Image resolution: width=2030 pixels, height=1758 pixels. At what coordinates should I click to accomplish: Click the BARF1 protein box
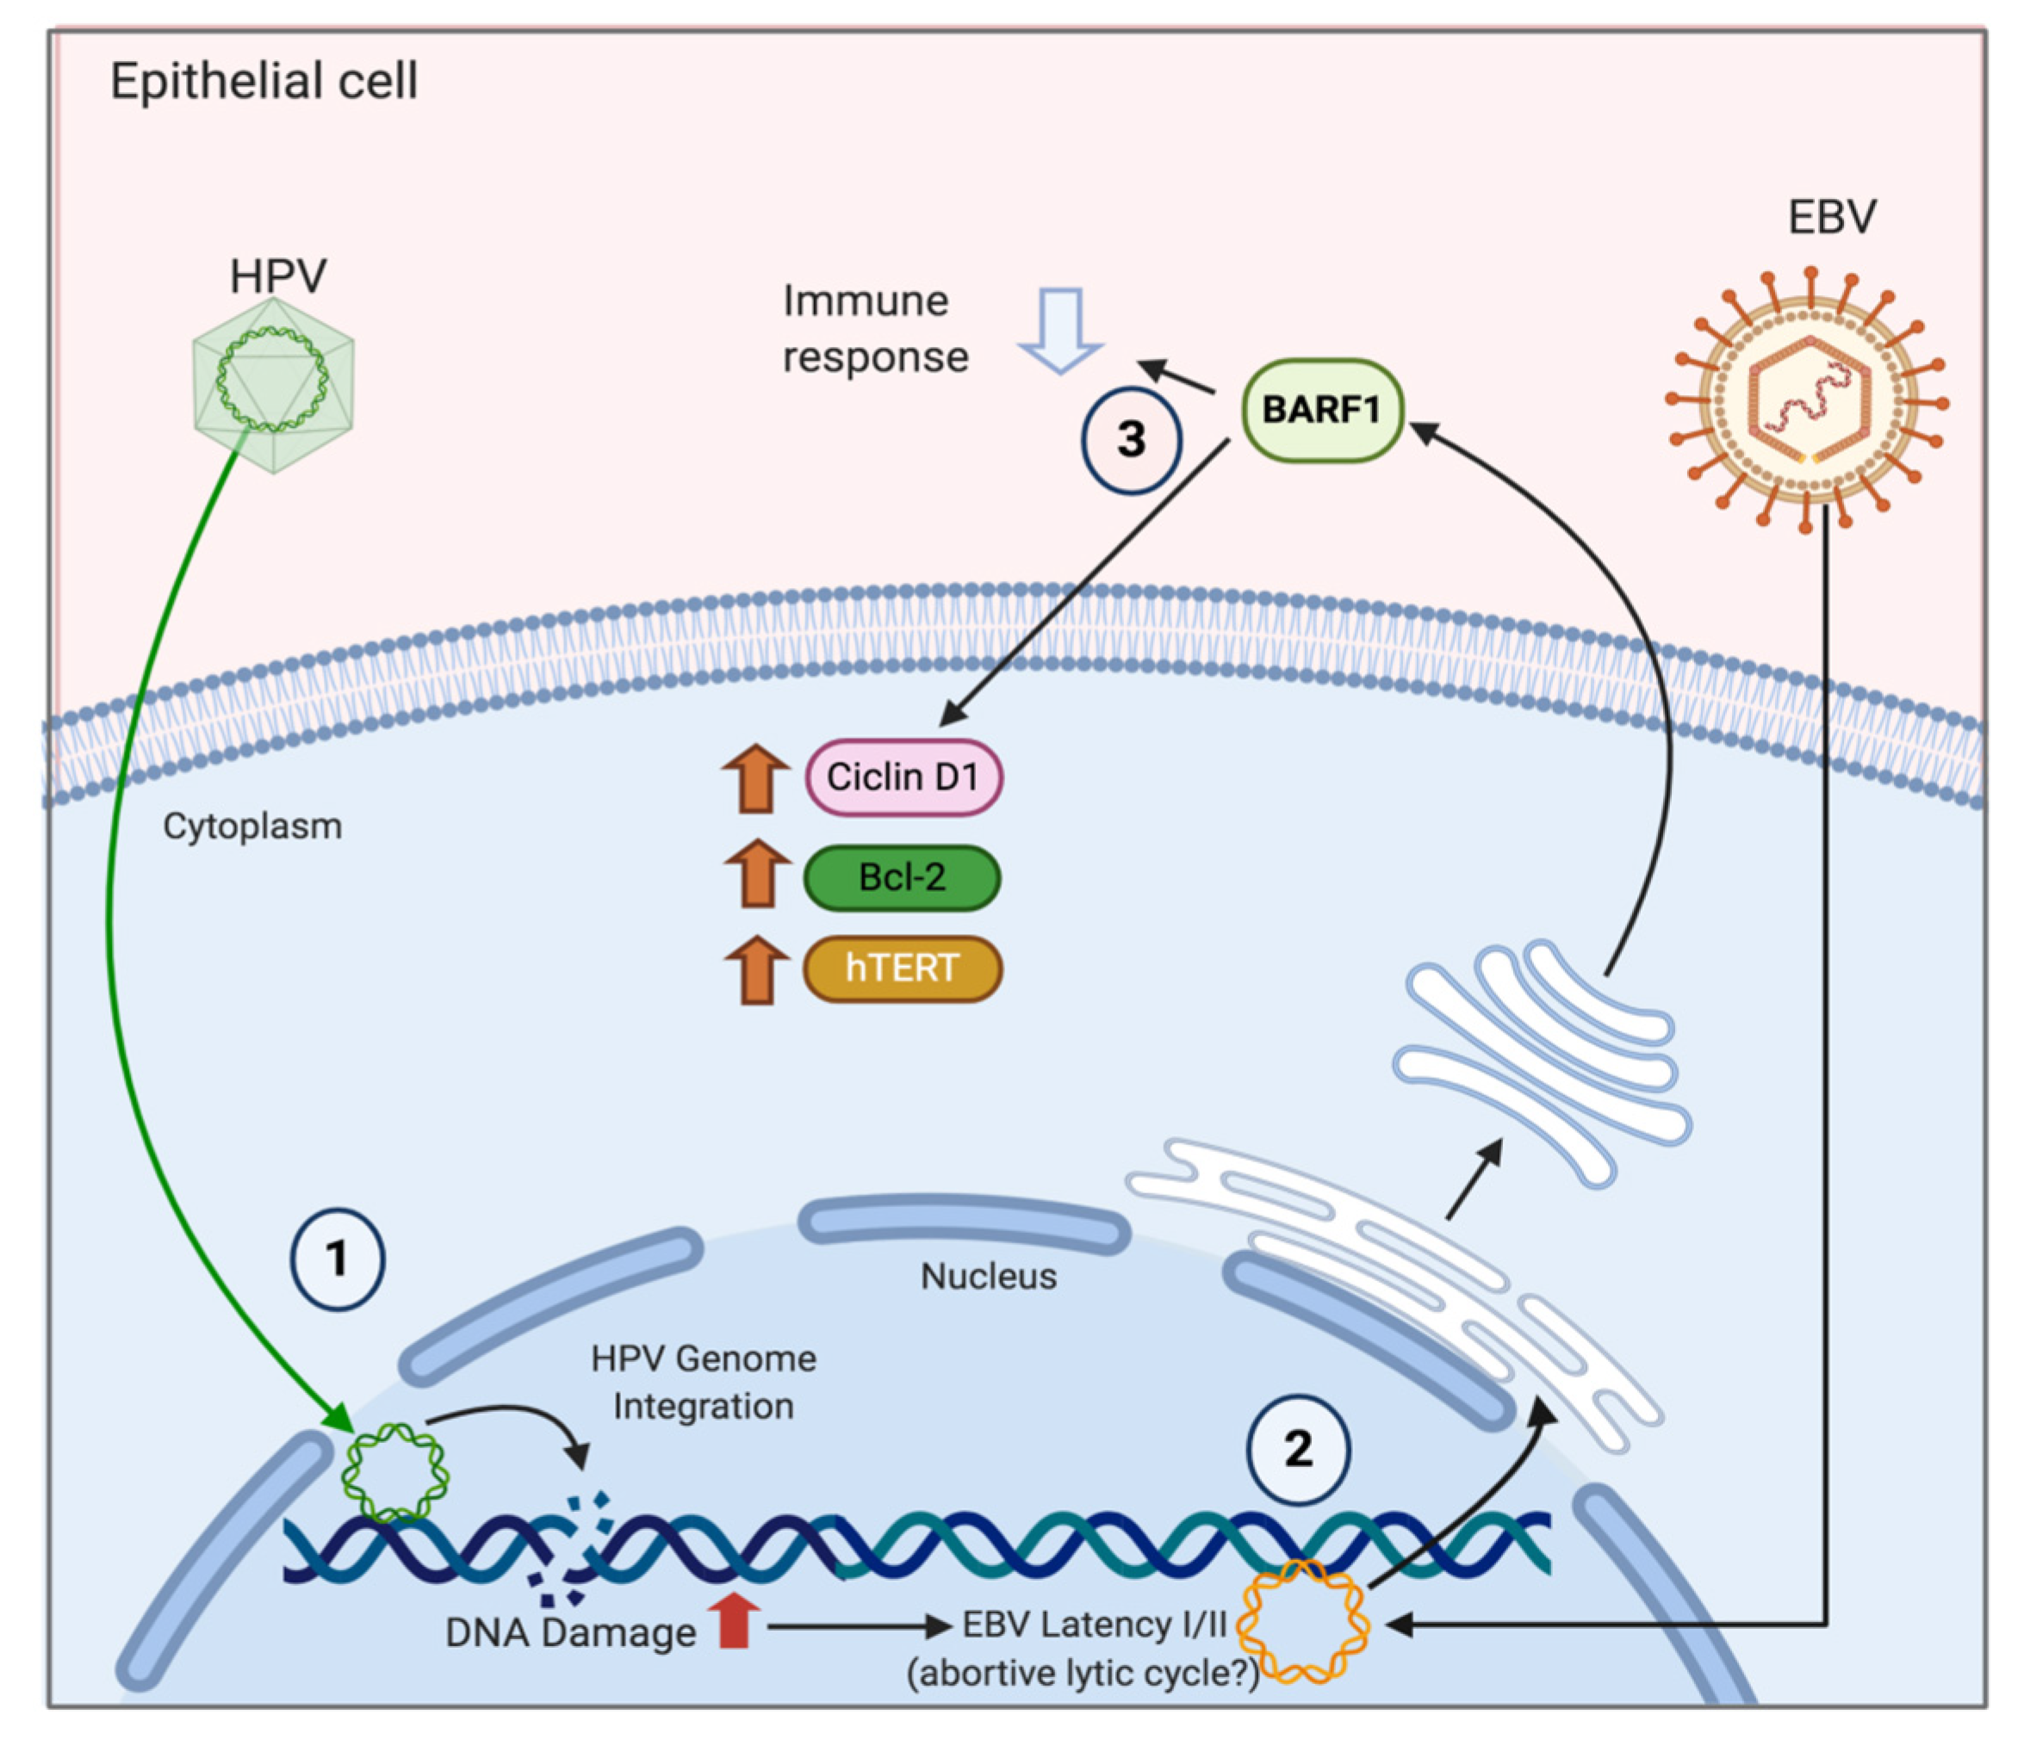click(1320, 410)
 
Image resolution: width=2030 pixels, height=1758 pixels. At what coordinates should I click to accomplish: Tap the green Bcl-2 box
click(902, 877)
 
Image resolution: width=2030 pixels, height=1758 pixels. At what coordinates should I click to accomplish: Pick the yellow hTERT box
click(902, 969)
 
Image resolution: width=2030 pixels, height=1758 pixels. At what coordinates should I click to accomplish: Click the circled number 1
click(338, 1259)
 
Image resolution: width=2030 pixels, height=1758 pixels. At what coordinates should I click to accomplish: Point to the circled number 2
click(1297, 1449)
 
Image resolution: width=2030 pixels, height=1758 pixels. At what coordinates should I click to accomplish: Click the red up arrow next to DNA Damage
click(734, 1619)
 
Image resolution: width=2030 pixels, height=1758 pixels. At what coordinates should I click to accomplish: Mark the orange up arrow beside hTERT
click(756, 969)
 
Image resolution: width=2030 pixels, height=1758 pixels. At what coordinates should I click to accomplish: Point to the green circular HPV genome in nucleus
click(394, 1471)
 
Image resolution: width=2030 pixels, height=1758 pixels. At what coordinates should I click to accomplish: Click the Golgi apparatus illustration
click(1541, 1060)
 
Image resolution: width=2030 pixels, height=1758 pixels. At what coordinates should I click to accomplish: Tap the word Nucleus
click(988, 1277)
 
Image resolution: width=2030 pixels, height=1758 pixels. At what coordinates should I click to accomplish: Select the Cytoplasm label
click(252, 826)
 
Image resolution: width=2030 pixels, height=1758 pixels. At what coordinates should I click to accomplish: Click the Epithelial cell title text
click(263, 80)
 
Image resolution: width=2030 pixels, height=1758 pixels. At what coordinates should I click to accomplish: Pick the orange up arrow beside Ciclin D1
click(755, 779)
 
